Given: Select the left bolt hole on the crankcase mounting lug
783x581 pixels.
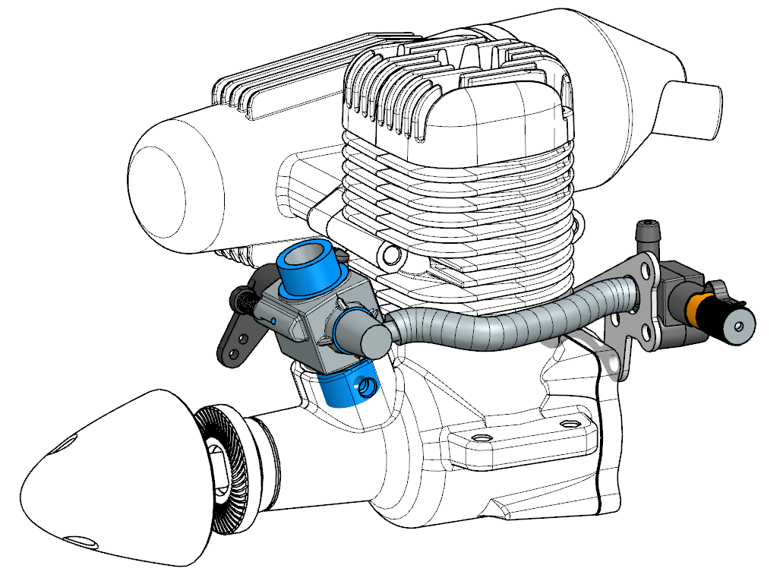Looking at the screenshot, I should click(x=479, y=438).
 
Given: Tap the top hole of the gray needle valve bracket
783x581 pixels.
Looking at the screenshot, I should click(x=646, y=268).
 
